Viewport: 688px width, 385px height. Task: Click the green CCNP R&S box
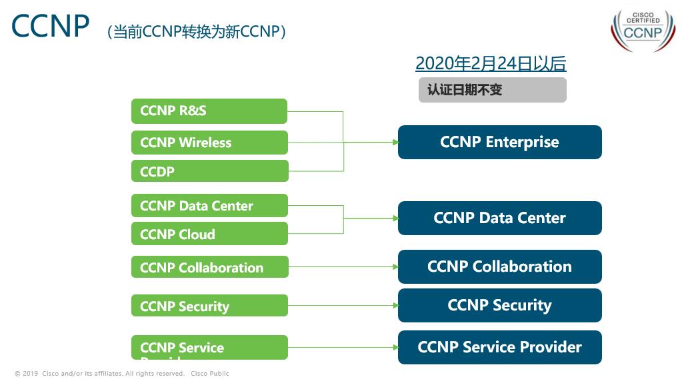(209, 111)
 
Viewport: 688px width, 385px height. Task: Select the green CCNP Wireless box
(209, 143)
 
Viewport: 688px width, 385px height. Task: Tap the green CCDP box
(209, 171)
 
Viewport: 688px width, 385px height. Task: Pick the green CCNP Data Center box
(209, 206)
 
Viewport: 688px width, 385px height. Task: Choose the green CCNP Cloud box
(209, 234)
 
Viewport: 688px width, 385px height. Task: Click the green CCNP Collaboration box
(209, 267)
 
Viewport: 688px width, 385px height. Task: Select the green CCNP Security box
(209, 306)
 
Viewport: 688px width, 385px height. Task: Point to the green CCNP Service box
(209, 347)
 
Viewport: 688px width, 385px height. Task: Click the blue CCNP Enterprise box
(499, 142)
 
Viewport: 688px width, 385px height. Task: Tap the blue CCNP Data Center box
(499, 218)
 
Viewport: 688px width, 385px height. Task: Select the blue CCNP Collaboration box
(499, 266)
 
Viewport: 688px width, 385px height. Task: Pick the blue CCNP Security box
(499, 305)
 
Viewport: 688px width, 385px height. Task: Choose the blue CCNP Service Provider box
(499, 347)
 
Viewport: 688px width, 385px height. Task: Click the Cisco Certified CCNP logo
(643, 31)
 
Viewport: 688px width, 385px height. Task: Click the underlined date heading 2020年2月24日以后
(491, 63)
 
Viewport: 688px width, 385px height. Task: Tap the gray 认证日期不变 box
(492, 90)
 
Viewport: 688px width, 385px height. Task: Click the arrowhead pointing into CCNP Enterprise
(395, 142)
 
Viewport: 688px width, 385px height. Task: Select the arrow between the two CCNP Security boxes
(343, 306)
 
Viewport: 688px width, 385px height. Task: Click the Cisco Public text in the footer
(209, 374)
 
